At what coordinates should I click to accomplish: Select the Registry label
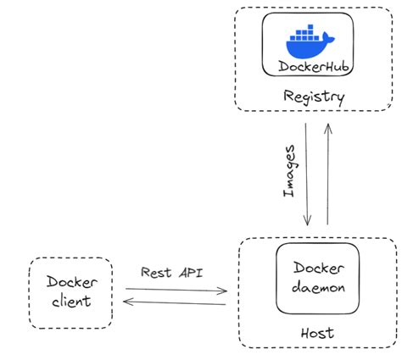315,97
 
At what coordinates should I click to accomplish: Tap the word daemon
318,287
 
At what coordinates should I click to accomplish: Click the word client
71,302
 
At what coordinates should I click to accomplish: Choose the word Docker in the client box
71,283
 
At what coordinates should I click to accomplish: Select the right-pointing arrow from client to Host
176,290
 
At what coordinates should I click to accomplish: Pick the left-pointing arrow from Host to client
176,301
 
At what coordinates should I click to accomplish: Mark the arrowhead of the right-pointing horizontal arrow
224,291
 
